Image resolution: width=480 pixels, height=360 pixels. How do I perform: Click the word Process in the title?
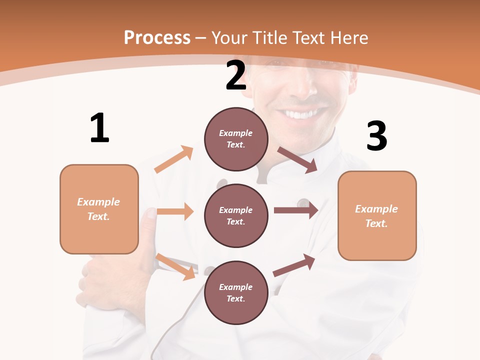(157, 38)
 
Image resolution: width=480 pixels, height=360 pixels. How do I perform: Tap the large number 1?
(99, 128)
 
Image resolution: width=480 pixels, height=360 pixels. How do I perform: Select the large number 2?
(236, 75)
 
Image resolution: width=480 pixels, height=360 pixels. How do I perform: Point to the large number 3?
(376, 136)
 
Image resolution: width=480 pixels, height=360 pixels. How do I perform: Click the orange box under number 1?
(99, 209)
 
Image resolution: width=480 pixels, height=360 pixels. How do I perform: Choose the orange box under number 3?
(377, 215)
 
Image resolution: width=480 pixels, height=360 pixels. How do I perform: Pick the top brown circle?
(236, 139)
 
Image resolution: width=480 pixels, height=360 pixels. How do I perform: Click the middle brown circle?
(236, 215)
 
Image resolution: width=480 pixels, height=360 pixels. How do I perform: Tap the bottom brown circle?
(236, 292)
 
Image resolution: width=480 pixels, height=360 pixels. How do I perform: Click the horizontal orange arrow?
(175, 211)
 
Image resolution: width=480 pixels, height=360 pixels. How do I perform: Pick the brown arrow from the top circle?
(297, 160)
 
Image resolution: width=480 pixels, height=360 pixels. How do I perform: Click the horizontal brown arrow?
(295, 210)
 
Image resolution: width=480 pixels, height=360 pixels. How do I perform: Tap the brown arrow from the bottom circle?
(294, 265)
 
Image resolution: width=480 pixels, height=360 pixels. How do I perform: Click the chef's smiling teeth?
(300, 114)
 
